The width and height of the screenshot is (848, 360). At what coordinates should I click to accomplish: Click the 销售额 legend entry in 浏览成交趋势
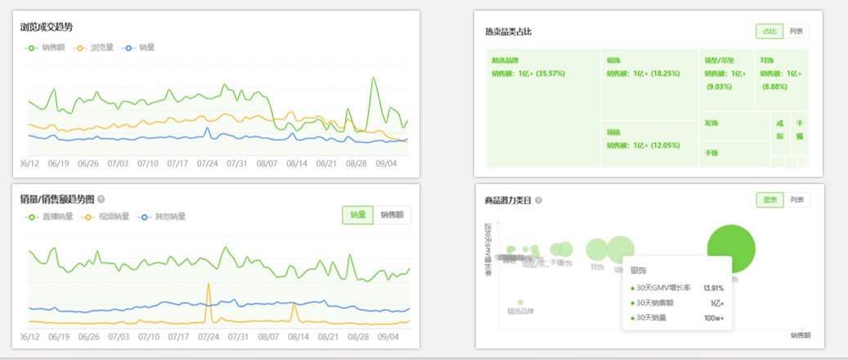47,47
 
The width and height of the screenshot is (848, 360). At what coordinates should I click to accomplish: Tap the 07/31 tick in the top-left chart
237,164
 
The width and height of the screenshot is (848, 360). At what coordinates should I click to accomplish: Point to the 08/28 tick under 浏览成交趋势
356,164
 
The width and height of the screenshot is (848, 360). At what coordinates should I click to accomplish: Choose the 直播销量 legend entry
51,217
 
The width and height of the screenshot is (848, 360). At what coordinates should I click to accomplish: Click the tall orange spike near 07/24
209,290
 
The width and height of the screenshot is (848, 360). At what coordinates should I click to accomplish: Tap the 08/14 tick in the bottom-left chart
298,336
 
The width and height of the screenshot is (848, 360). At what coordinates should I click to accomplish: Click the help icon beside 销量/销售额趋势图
101,199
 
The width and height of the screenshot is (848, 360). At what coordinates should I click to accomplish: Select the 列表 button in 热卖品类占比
796,31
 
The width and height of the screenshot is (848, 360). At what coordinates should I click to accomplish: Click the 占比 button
769,31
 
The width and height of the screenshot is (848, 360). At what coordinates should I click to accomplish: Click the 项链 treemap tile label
613,131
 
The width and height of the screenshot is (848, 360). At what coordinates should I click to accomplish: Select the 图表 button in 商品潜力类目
769,200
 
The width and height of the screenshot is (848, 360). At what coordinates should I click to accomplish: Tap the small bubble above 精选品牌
520,302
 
